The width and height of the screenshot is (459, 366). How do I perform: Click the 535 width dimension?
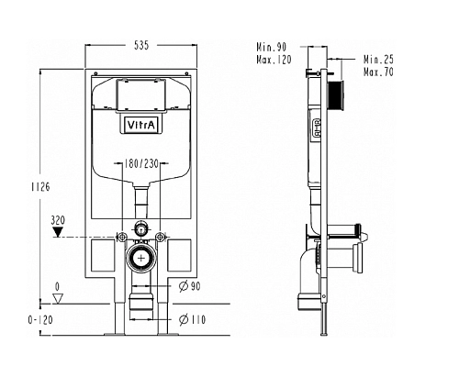click(x=141, y=45)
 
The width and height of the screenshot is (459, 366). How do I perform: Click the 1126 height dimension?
click(x=40, y=186)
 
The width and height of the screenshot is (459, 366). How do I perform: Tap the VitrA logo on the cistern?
click(x=141, y=125)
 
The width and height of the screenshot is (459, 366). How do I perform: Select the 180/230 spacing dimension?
click(x=141, y=164)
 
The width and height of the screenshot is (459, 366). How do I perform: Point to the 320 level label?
click(x=58, y=220)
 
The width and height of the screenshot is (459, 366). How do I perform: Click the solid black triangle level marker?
click(x=58, y=232)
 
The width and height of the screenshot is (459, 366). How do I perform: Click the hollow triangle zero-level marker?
click(x=58, y=298)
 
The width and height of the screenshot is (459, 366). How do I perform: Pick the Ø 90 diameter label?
click(x=190, y=286)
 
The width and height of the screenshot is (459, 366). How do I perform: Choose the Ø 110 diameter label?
click(x=192, y=320)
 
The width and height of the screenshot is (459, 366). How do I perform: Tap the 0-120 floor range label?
click(x=40, y=320)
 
